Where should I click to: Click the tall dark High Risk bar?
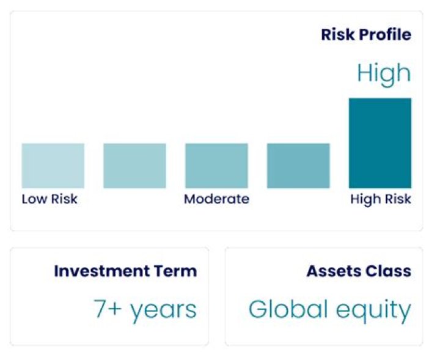380,143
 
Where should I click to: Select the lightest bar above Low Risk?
53,166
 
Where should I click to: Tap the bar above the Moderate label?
216,166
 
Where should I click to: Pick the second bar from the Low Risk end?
134,166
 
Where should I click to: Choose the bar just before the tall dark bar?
298,166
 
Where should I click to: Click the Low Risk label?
50,199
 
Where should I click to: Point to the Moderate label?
216,199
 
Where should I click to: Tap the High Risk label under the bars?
381,199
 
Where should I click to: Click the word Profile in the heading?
385,34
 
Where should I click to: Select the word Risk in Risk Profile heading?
339,34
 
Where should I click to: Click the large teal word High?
384,73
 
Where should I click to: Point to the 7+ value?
108,309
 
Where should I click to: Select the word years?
164,311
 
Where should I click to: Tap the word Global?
288,309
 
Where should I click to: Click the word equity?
374,310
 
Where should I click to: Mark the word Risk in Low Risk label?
64,199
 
